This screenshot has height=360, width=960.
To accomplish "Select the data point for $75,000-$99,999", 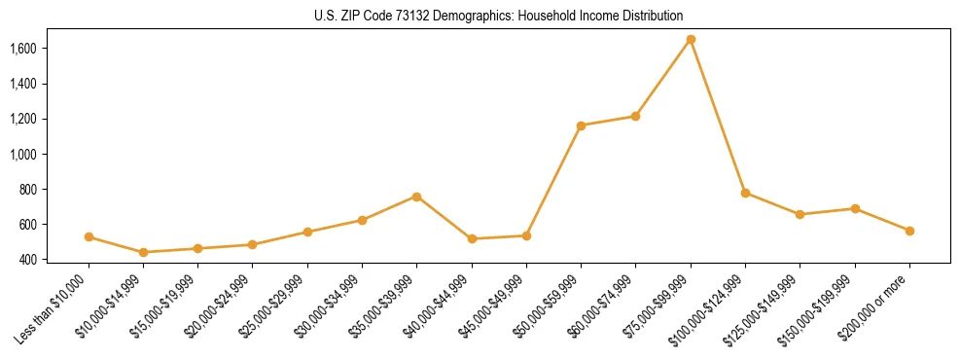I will click(691, 39).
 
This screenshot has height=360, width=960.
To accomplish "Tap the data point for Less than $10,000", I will click(89, 236).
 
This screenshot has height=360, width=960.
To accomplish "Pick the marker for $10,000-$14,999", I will click(144, 252).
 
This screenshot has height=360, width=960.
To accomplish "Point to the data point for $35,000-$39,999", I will click(417, 197).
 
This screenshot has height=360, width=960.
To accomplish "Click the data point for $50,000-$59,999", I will click(581, 126).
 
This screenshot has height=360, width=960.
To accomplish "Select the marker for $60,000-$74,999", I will click(636, 116).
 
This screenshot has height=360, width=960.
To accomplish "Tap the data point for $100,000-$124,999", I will click(745, 193).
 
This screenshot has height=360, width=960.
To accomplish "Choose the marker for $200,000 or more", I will click(909, 231).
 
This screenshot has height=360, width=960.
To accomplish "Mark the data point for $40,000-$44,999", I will click(472, 238).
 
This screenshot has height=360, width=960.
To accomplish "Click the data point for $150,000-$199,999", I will click(855, 208).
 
